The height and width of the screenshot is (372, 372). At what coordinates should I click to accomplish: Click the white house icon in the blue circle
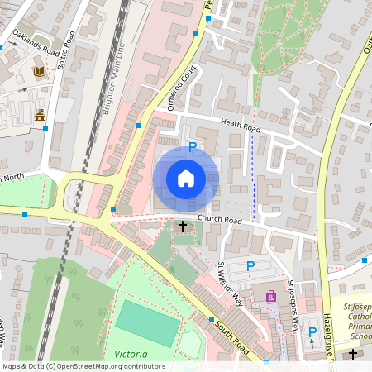(186, 179)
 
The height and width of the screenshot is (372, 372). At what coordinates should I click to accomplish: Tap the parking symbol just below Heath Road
(193, 147)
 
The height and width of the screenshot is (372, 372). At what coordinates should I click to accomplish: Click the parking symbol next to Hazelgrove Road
(312, 332)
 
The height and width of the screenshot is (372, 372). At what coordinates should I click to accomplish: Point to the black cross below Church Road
(183, 226)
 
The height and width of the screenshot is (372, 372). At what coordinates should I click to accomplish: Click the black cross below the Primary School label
(353, 355)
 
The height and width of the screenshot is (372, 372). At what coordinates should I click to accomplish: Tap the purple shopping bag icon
(269, 295)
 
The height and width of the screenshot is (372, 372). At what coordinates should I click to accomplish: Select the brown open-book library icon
(39, 73)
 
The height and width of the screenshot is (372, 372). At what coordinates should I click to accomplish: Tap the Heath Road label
(241, 124)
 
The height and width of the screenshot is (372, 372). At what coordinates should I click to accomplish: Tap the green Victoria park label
(132, 354)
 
